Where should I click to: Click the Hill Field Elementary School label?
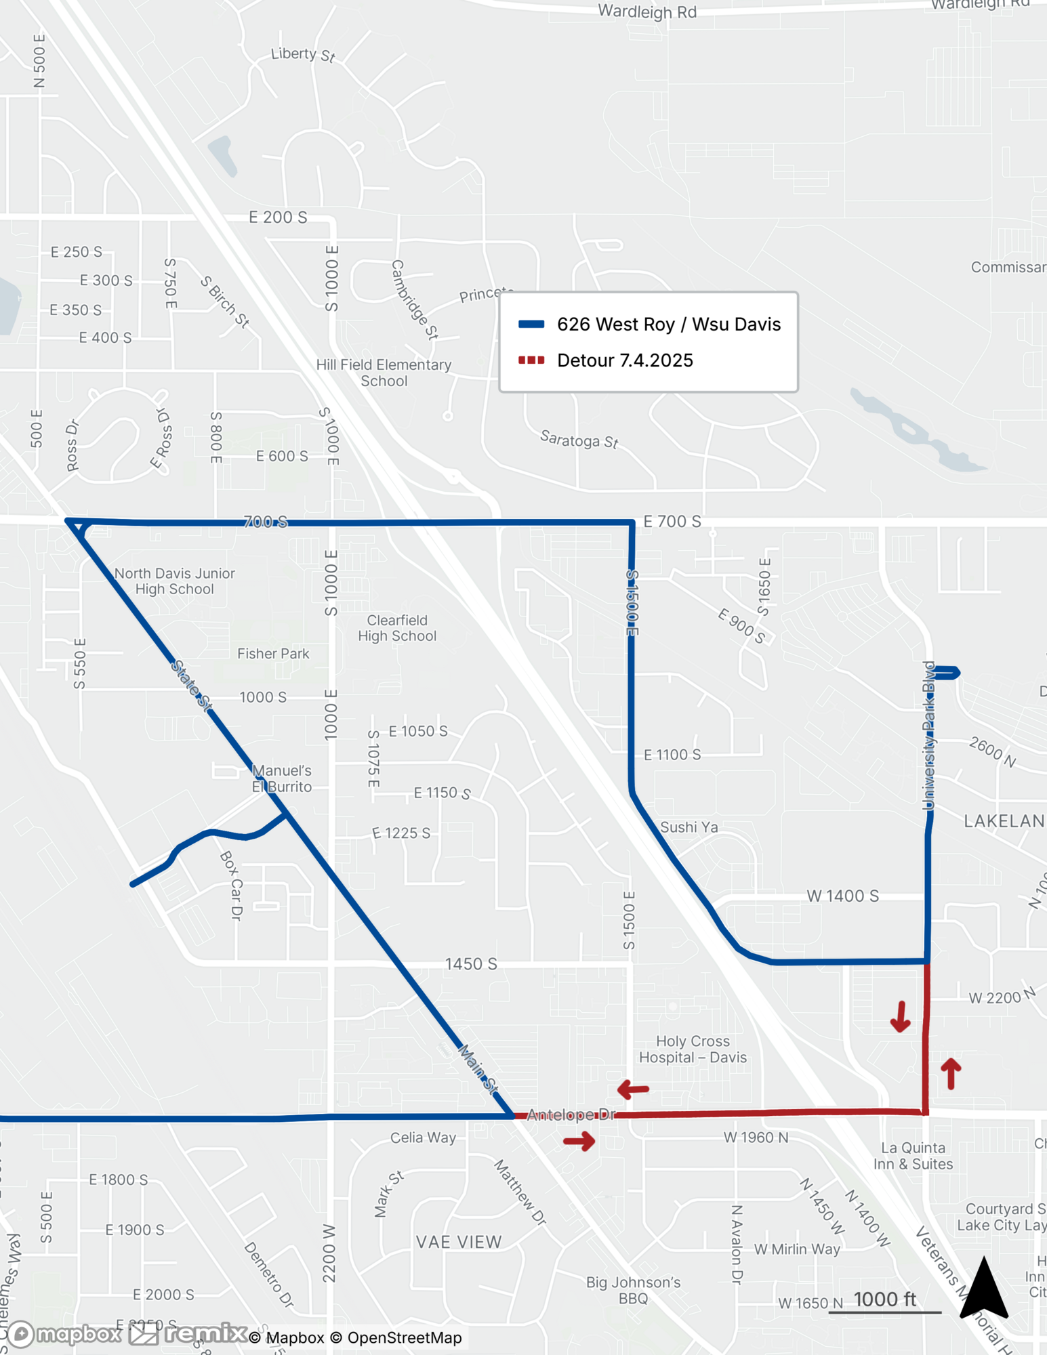(384, 373)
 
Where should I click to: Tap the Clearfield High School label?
(397, 628)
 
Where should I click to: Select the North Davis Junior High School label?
(174, 581)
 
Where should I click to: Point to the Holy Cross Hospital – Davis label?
(693, 1049)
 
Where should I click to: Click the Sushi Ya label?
(689, 827)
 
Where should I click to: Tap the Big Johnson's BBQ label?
(633, 1290)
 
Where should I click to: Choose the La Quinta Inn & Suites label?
(913, 1156)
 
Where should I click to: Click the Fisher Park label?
(273, 654)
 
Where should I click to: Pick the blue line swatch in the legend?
(531, 325)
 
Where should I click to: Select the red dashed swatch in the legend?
(531, 360)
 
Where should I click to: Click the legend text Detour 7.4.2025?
(625, 360)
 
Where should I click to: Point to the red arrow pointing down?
(900, 1016)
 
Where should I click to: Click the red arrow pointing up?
(951, 1073)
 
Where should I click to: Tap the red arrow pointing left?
(633, 1089)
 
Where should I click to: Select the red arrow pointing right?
(579, 1142)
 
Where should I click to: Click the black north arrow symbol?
(984, 1290)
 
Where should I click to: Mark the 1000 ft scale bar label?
(884, 1299)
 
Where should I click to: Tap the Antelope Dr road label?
(571, 1114)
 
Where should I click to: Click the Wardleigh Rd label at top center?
(647, 12)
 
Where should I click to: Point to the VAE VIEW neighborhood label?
(459, 1242)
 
